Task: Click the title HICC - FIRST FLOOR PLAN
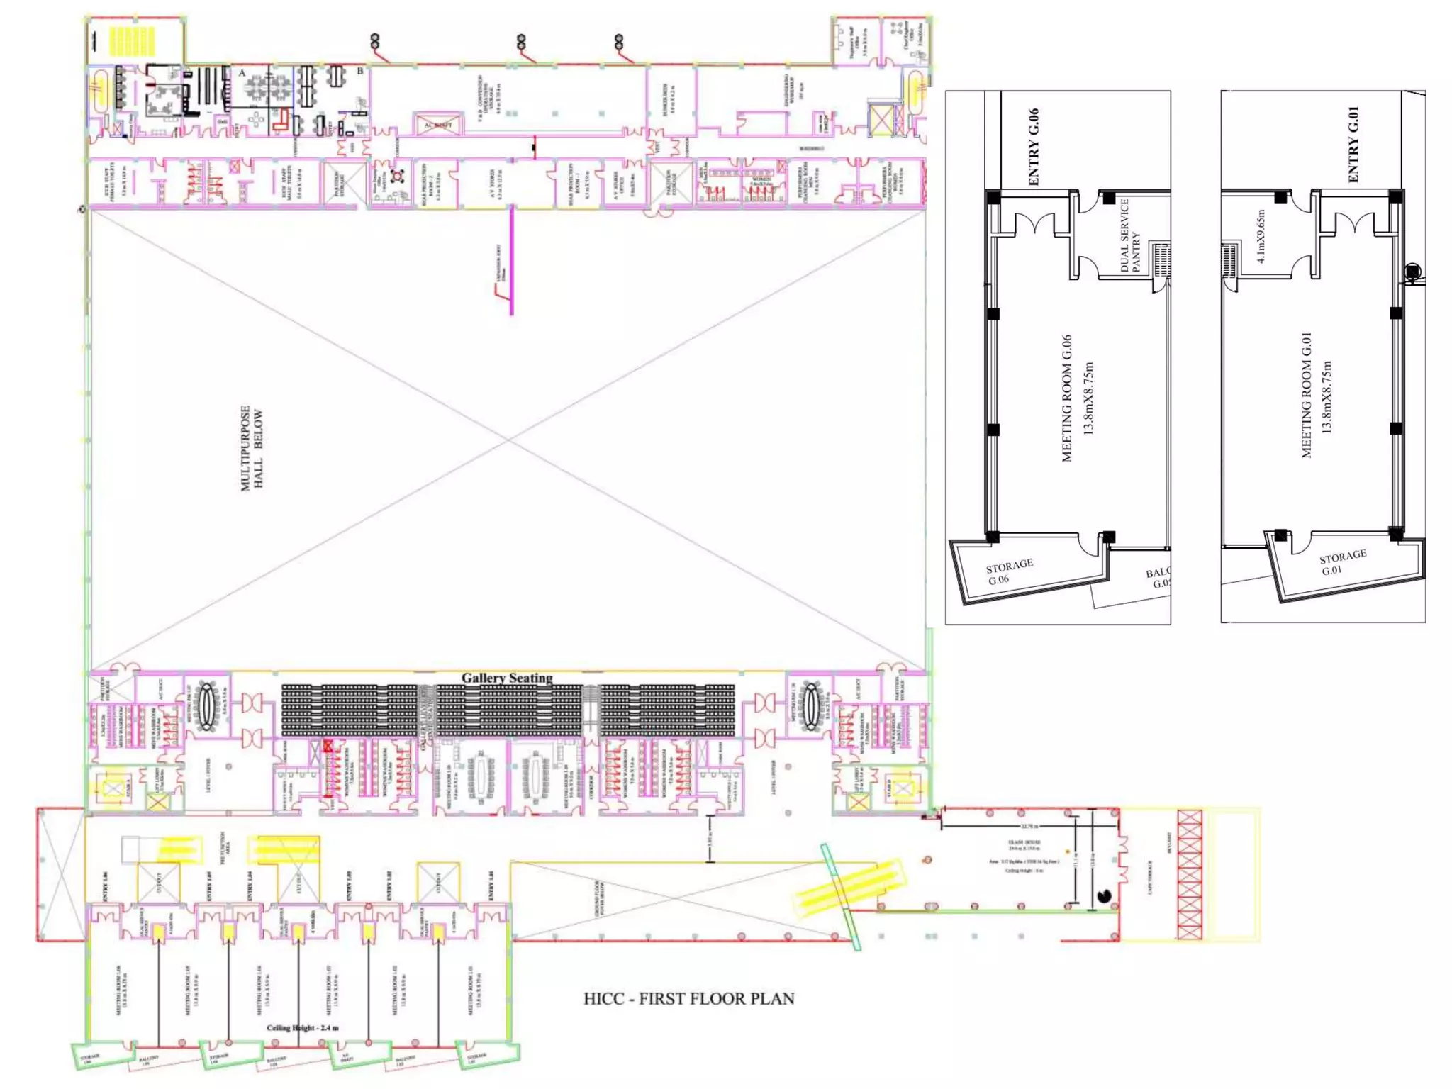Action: tap(688, 998)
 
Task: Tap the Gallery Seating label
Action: tap(507, 678)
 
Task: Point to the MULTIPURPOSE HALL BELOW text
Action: tap(252, 448)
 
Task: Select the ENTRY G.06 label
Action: tap(1033, 147)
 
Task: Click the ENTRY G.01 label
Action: tap(1353, 144)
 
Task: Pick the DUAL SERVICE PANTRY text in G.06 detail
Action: tap(1129, 235)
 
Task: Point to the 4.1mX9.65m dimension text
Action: tap(1261, 236)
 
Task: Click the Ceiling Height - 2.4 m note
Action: tap(303, 1027)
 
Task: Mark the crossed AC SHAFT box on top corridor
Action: tap(437, 125)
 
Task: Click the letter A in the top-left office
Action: tap(242, 72)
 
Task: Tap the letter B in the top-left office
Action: tap(360, 71)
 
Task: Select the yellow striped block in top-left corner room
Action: tap(132, 40)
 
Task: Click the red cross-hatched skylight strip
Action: tap(1190, 874)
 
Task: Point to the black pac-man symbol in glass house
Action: tap(1104, 896)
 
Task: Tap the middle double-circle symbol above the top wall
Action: tap(521, 41)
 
